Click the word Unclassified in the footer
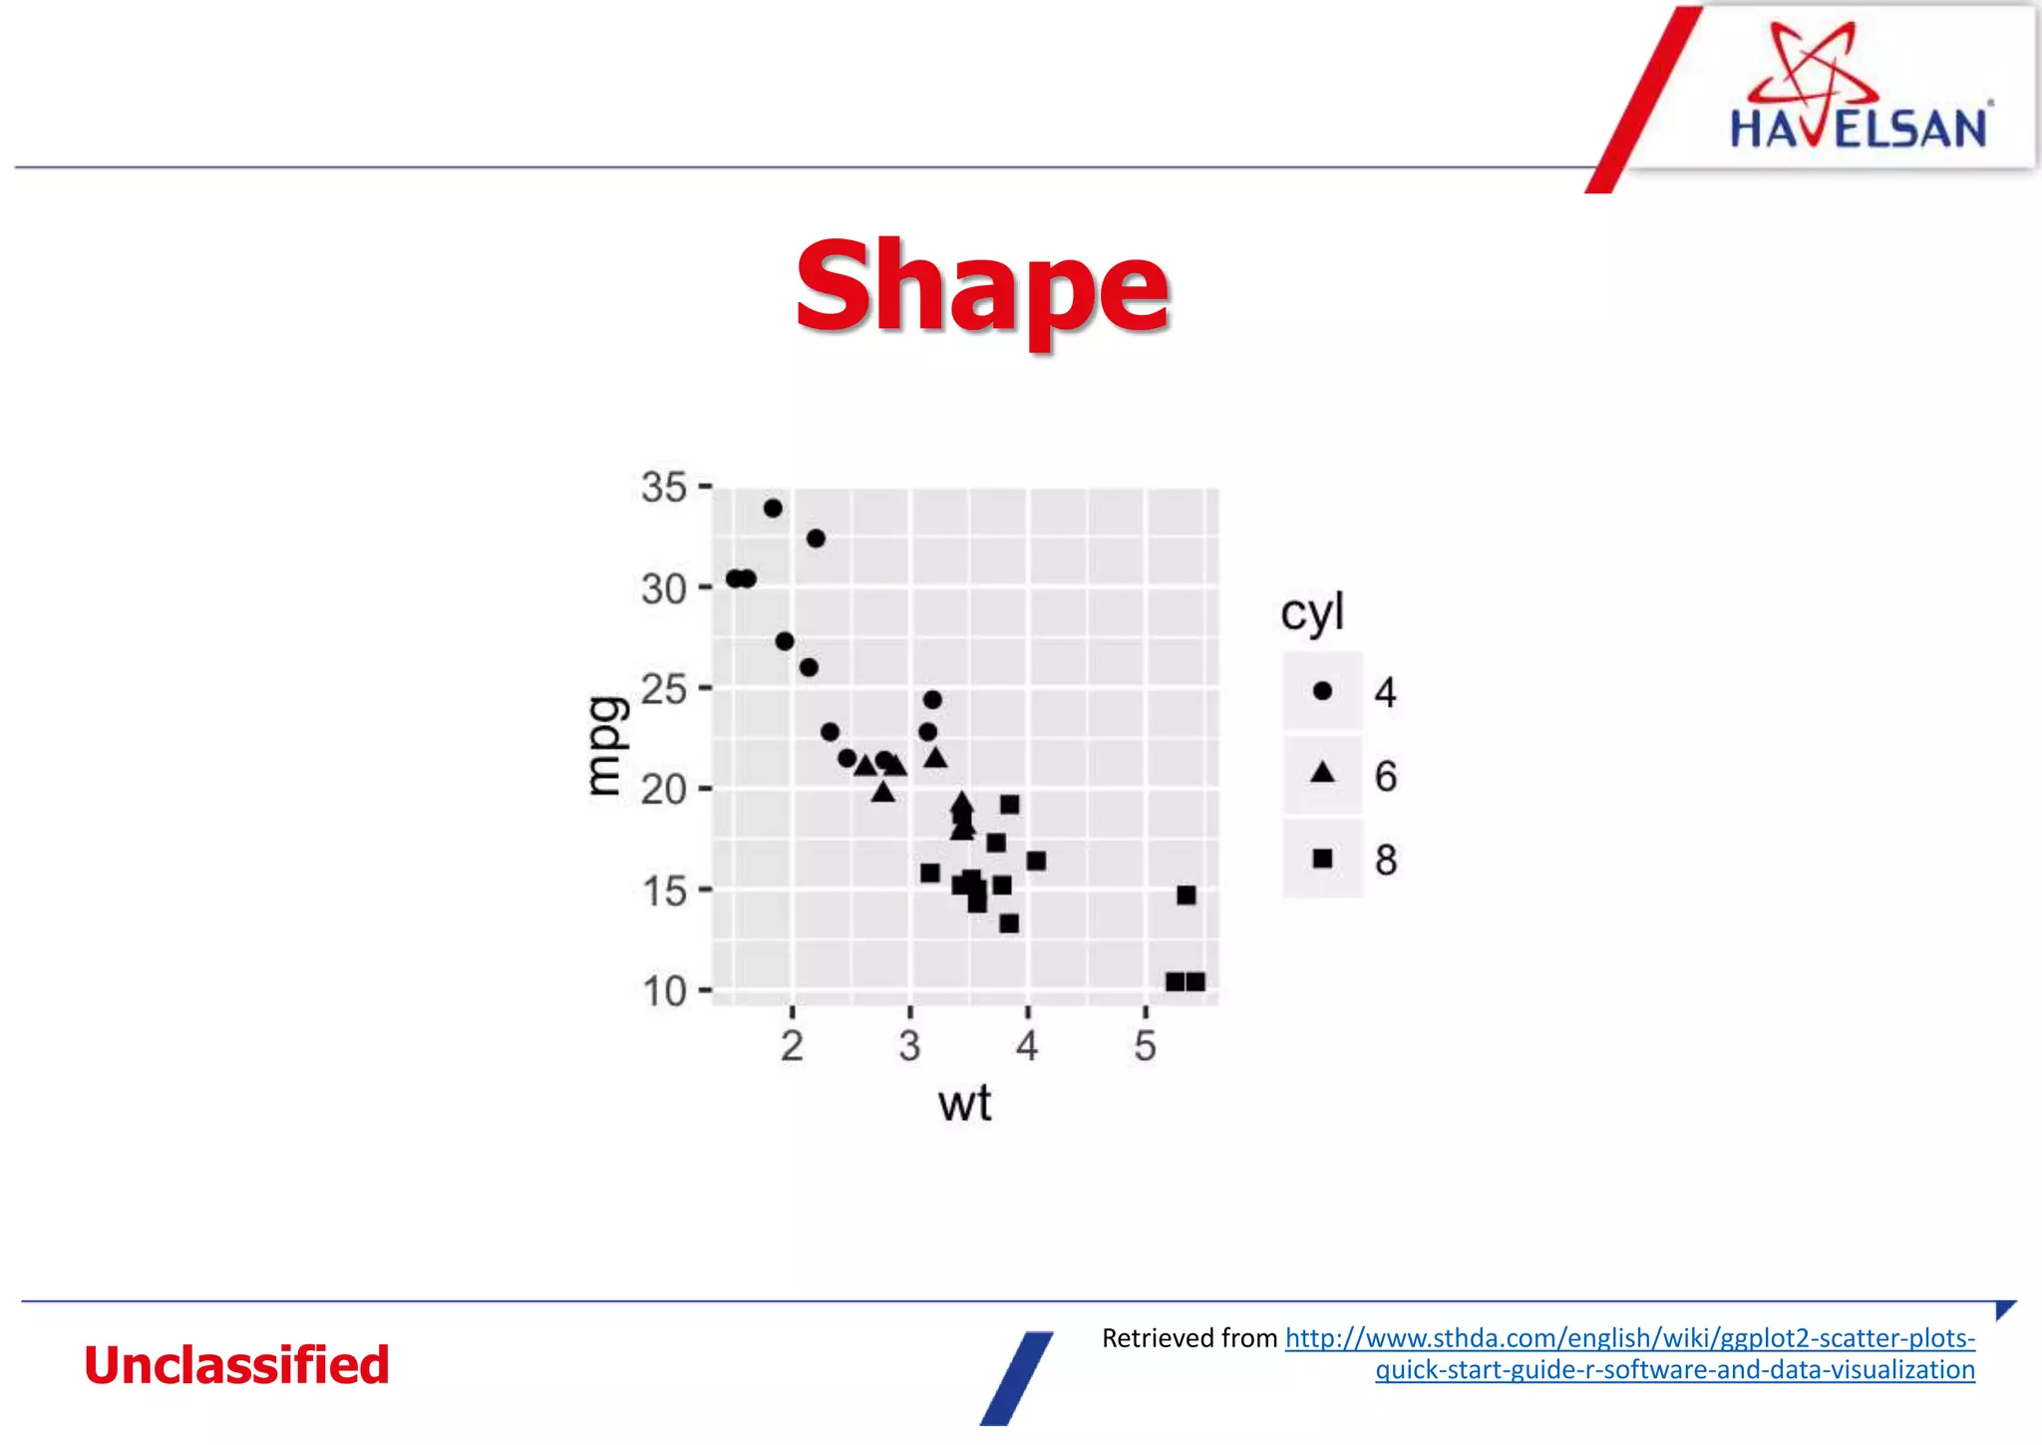(x=236, y=1364)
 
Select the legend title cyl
(x=1311, y=612)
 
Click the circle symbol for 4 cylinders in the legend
(x=1322, y=691)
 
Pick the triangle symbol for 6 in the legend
(x=1322, y=772)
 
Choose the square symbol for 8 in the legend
(x=1322, y=859)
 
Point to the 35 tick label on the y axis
(x=664, y=488)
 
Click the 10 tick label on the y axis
(x=664, y=991)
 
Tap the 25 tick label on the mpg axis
(x=664, y=689)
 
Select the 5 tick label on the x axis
(x=1145, y=1046)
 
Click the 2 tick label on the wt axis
(x=792, y=1046)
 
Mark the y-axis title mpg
(x=607, y=745)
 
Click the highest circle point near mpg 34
(x=773, y=509)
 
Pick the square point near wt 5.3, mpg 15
(x=1186, y=896)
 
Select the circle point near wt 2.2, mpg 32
(x=816, y=539)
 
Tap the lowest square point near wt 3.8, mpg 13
(x=1009, y=923)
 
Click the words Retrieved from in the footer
(x=1189, y=1338)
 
